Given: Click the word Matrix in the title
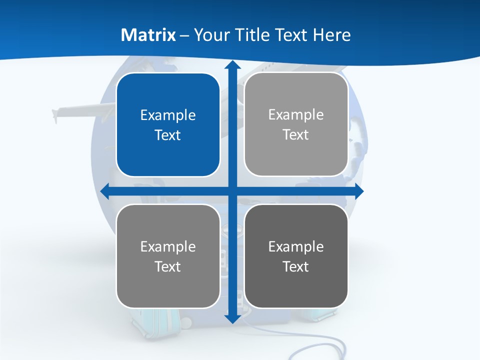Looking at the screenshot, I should (148, 35).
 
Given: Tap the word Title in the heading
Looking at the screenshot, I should (252, 35).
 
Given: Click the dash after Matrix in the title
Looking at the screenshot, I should (184, 35).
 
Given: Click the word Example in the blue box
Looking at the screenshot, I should (168, 115).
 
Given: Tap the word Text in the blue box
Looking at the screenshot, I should (168, 135).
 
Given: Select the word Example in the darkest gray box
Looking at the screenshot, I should (296, 246).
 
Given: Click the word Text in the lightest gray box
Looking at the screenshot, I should (296, 135).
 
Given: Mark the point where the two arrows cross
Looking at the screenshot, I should (232, 191).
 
